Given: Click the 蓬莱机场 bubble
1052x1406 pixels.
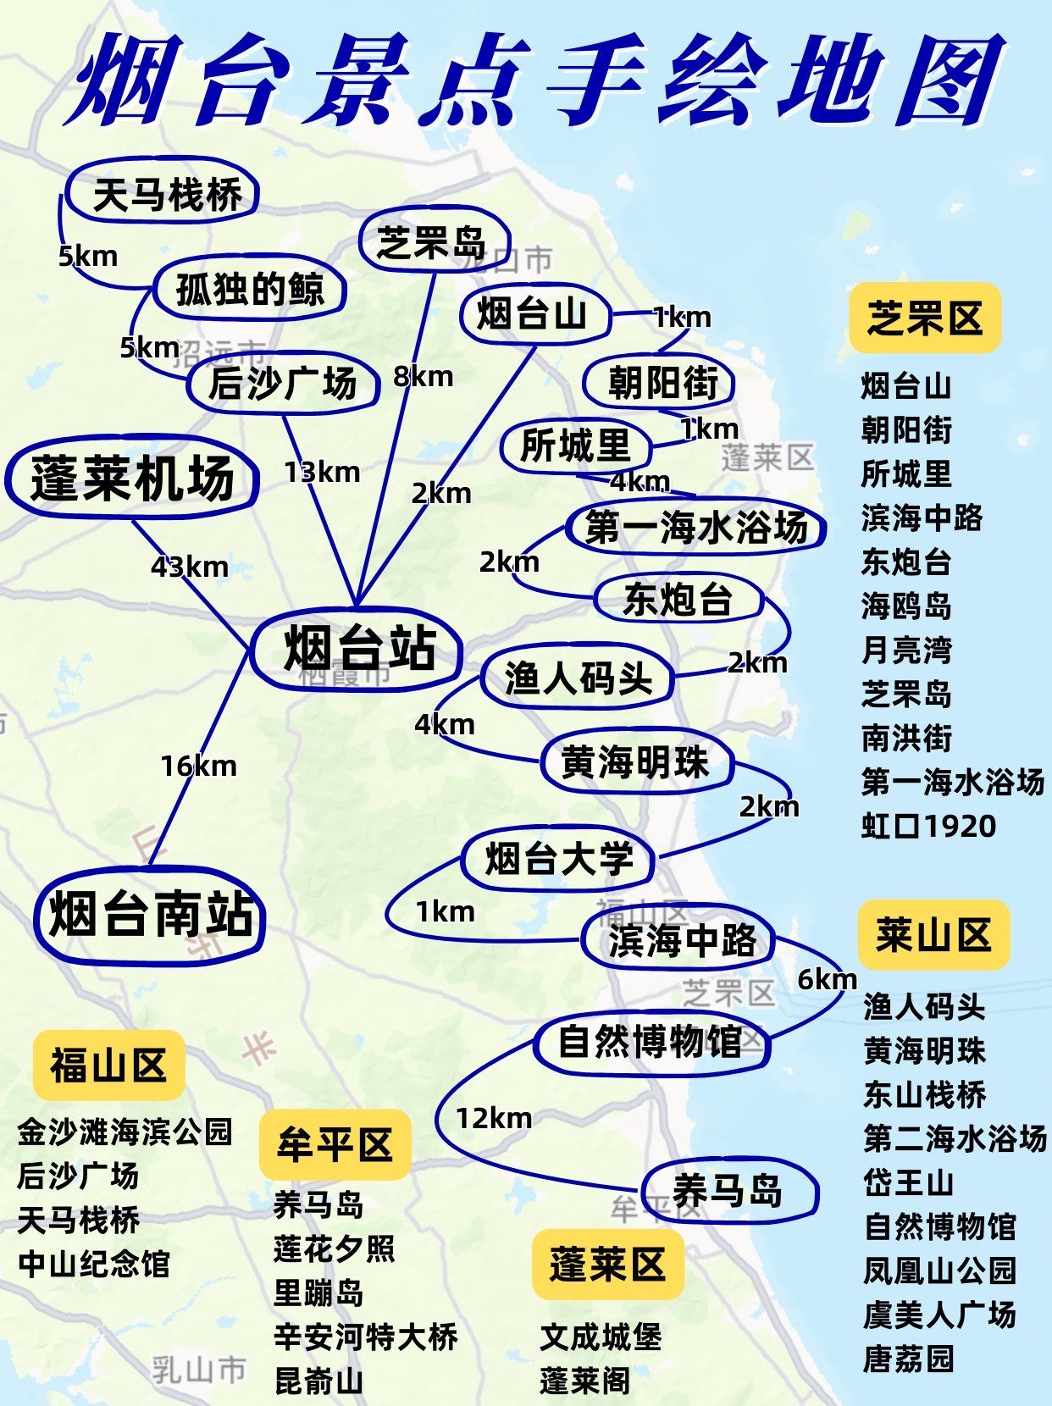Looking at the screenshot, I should click(132, 479).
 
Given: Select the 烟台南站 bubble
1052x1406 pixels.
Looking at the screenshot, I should click(151, 916).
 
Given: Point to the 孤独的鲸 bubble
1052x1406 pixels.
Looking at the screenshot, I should click(250, 290).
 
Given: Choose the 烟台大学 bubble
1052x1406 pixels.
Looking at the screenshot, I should click(558, 860).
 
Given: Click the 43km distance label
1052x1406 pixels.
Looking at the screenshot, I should click(190, 567).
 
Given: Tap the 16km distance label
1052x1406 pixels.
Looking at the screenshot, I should click(199, 767).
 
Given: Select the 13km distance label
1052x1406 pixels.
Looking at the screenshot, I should click(322, 472).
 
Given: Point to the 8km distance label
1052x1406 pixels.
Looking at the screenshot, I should click(423, 376).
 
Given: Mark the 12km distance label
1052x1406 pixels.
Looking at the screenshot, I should click(494, 1118).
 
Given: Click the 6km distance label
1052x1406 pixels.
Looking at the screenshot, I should click(827, 979).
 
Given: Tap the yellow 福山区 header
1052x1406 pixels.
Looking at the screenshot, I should click(108, 1065).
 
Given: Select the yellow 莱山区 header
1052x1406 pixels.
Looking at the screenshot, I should click(933, 935).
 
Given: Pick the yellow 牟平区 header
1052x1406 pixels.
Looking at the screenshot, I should click(335, 1145).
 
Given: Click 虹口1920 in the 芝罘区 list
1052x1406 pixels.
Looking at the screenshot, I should click(928, 826).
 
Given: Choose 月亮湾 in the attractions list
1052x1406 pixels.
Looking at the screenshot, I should click(906, 650).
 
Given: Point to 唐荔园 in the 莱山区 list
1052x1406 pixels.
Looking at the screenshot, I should click(908, 1359).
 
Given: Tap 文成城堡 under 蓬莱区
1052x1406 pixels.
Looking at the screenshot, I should click(601, 1337).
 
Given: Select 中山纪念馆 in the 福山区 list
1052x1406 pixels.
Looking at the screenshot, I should click(94, 1264).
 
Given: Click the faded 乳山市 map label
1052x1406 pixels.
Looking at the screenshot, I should click(199, 1370).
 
